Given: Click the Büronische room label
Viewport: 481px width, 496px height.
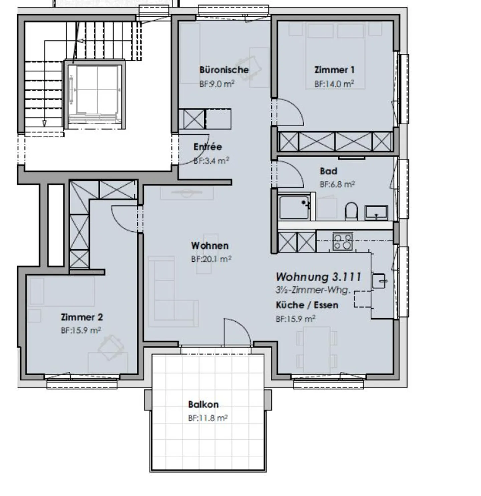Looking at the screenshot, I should click(224, 70).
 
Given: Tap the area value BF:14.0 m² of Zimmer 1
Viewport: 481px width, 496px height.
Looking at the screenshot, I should click(334, 84).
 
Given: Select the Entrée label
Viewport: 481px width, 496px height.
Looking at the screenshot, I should click(207, 147).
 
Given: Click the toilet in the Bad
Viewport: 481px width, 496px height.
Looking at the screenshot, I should click(351, 211).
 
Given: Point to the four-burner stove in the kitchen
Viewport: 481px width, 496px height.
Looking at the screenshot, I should click(342, 241).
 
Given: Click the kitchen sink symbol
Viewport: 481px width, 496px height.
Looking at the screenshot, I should click(379, 281).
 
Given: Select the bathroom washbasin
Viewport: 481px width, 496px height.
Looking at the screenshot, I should click(376, 212).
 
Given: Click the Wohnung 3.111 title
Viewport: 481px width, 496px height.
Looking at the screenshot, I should click(318, 277).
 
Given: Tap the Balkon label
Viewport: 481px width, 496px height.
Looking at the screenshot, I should click(203, 404).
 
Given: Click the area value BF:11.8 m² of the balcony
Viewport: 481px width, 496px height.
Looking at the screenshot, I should click(208, 418).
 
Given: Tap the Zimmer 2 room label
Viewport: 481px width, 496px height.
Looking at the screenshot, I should click(82, 317).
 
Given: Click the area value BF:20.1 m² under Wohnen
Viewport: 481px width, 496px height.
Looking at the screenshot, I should click(211, 259).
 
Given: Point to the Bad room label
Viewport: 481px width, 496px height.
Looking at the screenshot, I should click(328, 171).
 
